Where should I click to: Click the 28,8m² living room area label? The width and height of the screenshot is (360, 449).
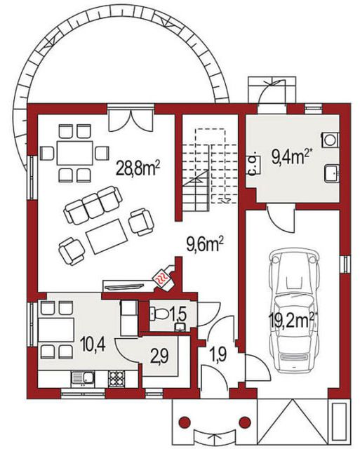pyautogui.click(x=138, y=168)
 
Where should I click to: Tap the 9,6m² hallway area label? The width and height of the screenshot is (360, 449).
pyautogui.click(x=205, y=245)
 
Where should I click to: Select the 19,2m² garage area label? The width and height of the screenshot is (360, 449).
pyautogui.click(x=293, y=320)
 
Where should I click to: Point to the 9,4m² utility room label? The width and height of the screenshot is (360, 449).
pyautogui.click(x=291, y=156)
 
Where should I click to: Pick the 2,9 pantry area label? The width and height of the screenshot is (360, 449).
pyautogui.click(x=159, y=356)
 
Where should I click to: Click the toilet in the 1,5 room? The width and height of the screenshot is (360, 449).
pyautogui.click(x=159, y=314)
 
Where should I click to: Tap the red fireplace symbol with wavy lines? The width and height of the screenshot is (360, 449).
pyautogui.click(x=162, y=279)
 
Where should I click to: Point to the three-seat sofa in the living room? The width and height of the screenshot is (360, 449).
pyautogui.click(x=93, y=204)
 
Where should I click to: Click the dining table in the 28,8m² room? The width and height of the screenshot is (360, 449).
pyautogui.click(x=75, y=153)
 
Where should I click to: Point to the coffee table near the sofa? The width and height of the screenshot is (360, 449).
pyautogui.click(x=107, y=236)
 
